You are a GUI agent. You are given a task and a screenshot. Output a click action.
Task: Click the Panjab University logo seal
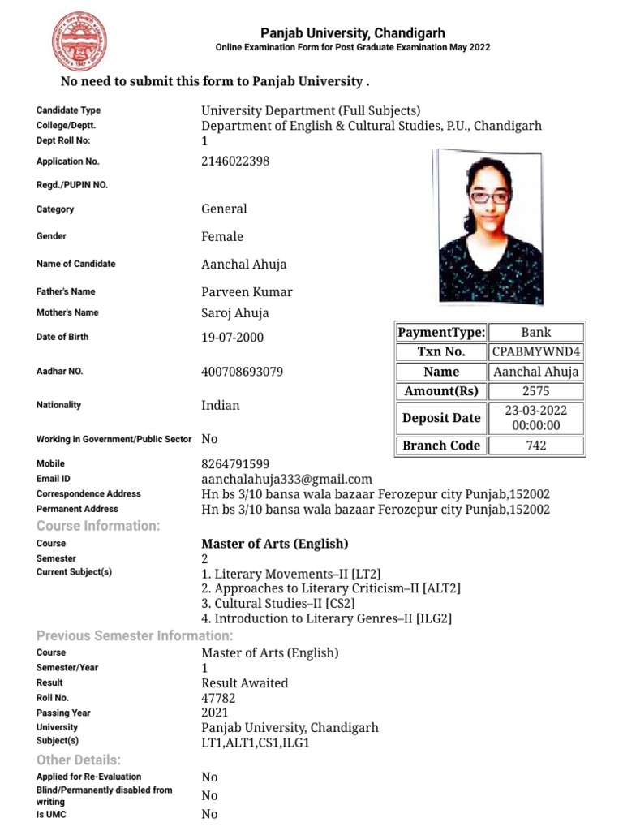coord(79,40)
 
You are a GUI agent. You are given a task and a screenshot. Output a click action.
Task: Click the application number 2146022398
coord(235,161)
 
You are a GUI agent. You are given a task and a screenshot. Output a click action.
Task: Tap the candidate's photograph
coord(488,226)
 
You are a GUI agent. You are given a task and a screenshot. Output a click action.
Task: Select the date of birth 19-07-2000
coord(232,337)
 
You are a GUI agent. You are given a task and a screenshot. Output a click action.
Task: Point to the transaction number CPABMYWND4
coord(536,351)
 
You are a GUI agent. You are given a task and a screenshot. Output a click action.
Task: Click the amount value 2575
coord(536,391)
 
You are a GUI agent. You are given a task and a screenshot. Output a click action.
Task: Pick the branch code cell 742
coord(536,446)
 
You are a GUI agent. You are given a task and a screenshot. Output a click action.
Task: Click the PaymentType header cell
coord(442,332)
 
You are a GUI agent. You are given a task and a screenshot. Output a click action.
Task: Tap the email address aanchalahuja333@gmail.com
coord(286,479)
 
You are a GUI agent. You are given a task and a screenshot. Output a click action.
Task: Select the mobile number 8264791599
coord(235,463)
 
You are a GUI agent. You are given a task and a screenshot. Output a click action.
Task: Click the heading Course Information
coord(98,526)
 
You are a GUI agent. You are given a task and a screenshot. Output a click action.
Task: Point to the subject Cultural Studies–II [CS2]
coord(277,603)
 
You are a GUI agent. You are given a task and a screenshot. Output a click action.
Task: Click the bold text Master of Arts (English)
coord(274,544)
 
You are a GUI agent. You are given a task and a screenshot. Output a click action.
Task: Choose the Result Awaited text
coord(244,682)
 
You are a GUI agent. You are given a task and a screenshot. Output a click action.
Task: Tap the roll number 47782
coord(218,698)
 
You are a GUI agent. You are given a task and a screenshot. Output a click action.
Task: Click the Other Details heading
coord(79,760)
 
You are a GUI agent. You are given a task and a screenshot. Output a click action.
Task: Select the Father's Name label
coord(66,291)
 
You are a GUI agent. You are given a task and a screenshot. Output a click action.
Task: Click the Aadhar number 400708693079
coord(243,372)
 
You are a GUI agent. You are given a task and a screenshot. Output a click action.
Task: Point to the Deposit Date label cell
coord(442,418)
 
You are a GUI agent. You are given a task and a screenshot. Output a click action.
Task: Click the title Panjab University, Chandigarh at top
coord(352,33)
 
